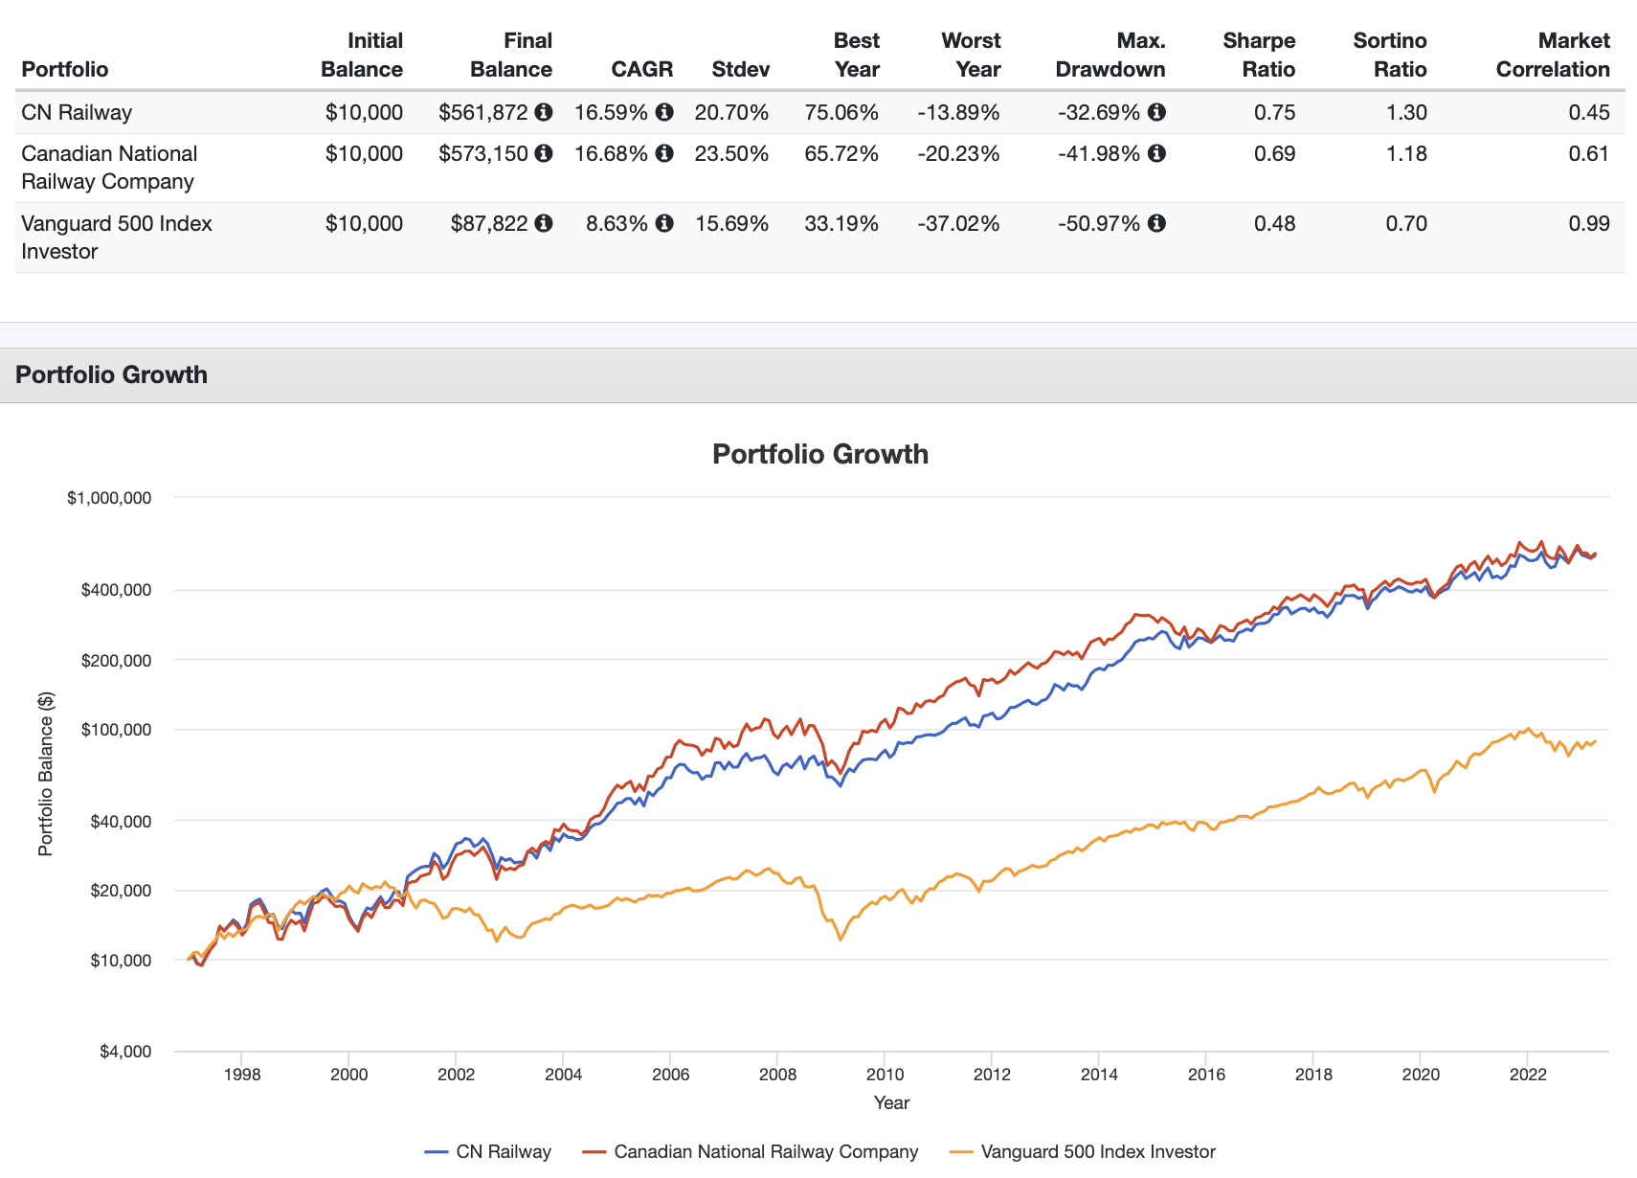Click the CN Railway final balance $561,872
click(x=483, y=112)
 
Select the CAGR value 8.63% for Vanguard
click(x=617, y=223)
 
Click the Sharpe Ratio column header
click(x=1258, y=55)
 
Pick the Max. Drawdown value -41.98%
click(x=1099, y=153)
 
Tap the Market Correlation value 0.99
click(x=1588, y=223)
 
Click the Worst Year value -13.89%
click(x=957, y=112)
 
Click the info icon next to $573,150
click(x=544, y=153)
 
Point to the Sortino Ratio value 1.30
click(x=1406, y=112)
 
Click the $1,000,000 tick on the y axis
click(x=109, y=498)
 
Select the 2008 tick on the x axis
click(x=777, y=1075)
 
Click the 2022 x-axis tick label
click(x=1528, y=1075)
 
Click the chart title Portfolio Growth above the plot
click(x=819, y=454)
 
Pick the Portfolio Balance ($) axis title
click(x=46, y=774)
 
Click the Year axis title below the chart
click(x=891, y=1102)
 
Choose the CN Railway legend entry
click(x=488, y=1151)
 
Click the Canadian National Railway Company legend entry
click(x=751, y=1151)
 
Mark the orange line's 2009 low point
click(x=840, y=940)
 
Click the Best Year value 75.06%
click(x=841, y=112)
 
